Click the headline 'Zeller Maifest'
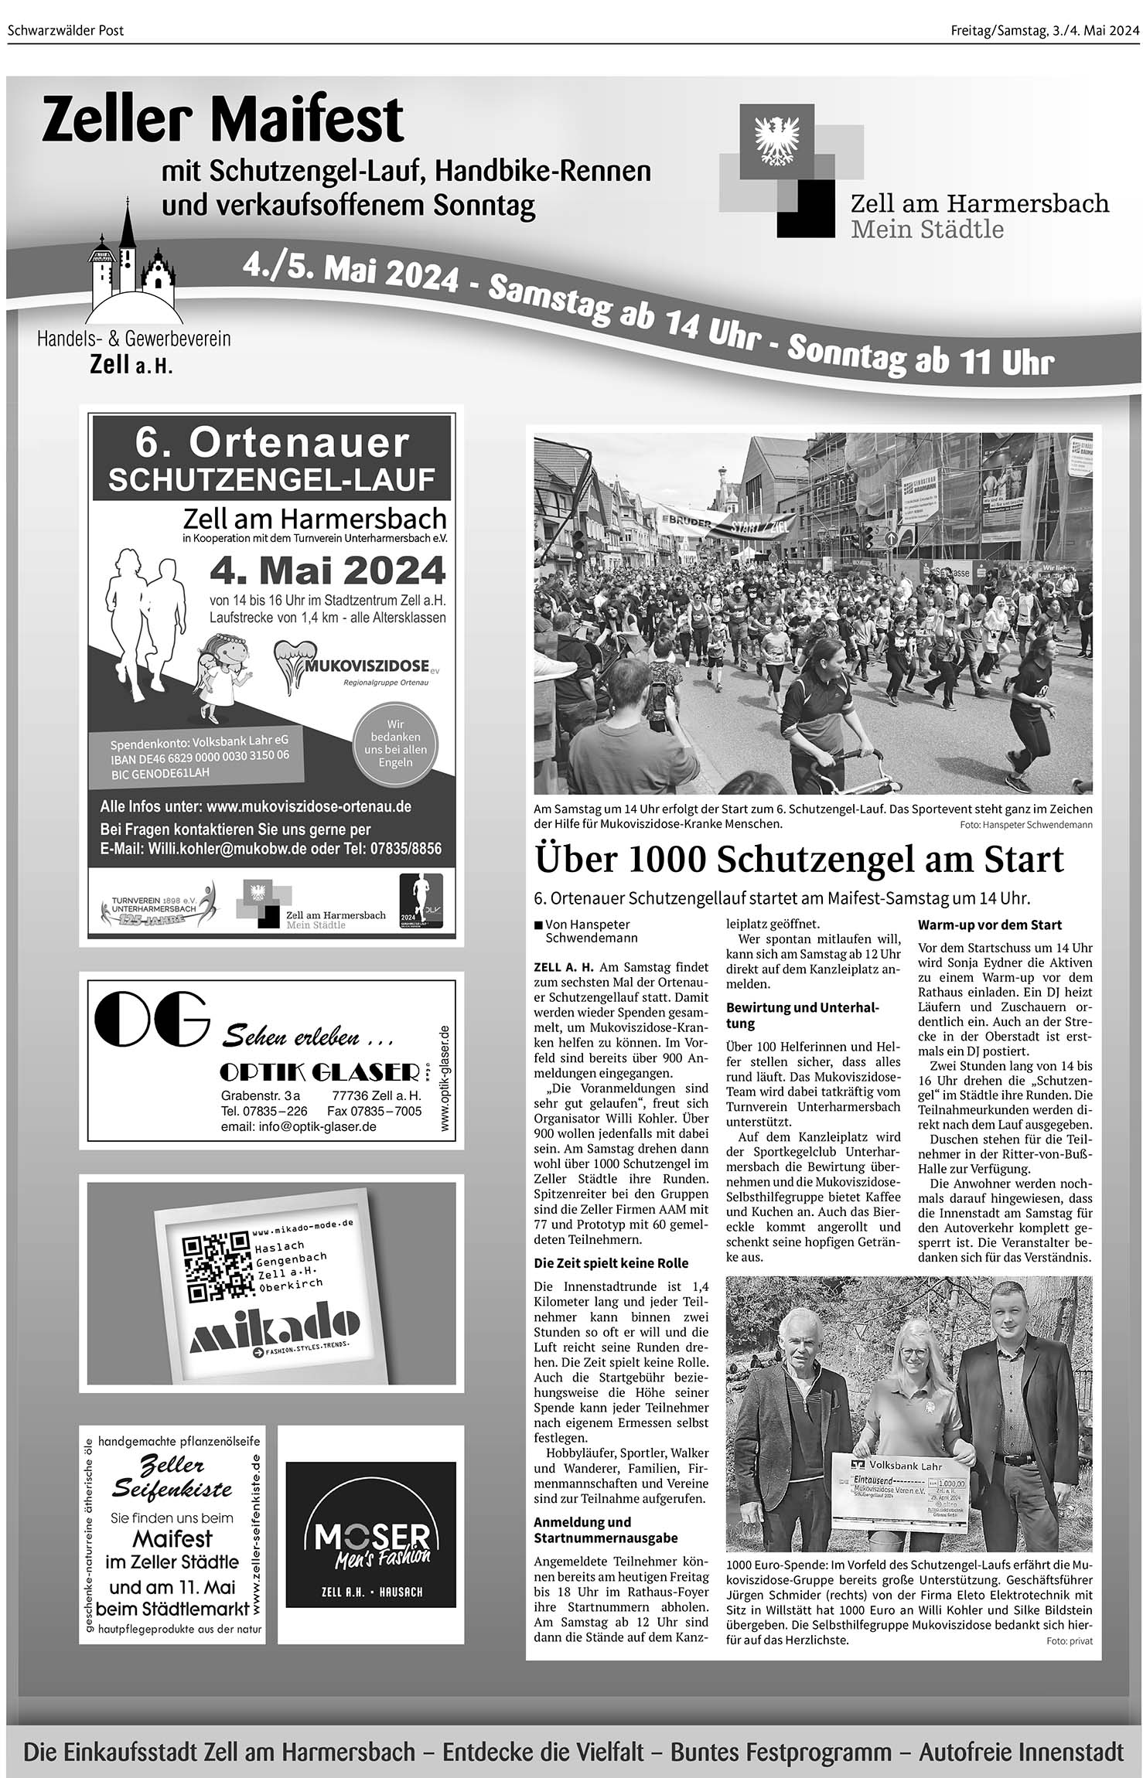(223, 120)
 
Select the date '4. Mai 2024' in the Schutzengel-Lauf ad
(327, 571)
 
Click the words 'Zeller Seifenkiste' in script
(172, 1477)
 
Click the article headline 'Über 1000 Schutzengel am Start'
(799, 859)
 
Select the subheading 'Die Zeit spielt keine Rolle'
(611, 1262)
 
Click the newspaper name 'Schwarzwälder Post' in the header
(66, 31)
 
